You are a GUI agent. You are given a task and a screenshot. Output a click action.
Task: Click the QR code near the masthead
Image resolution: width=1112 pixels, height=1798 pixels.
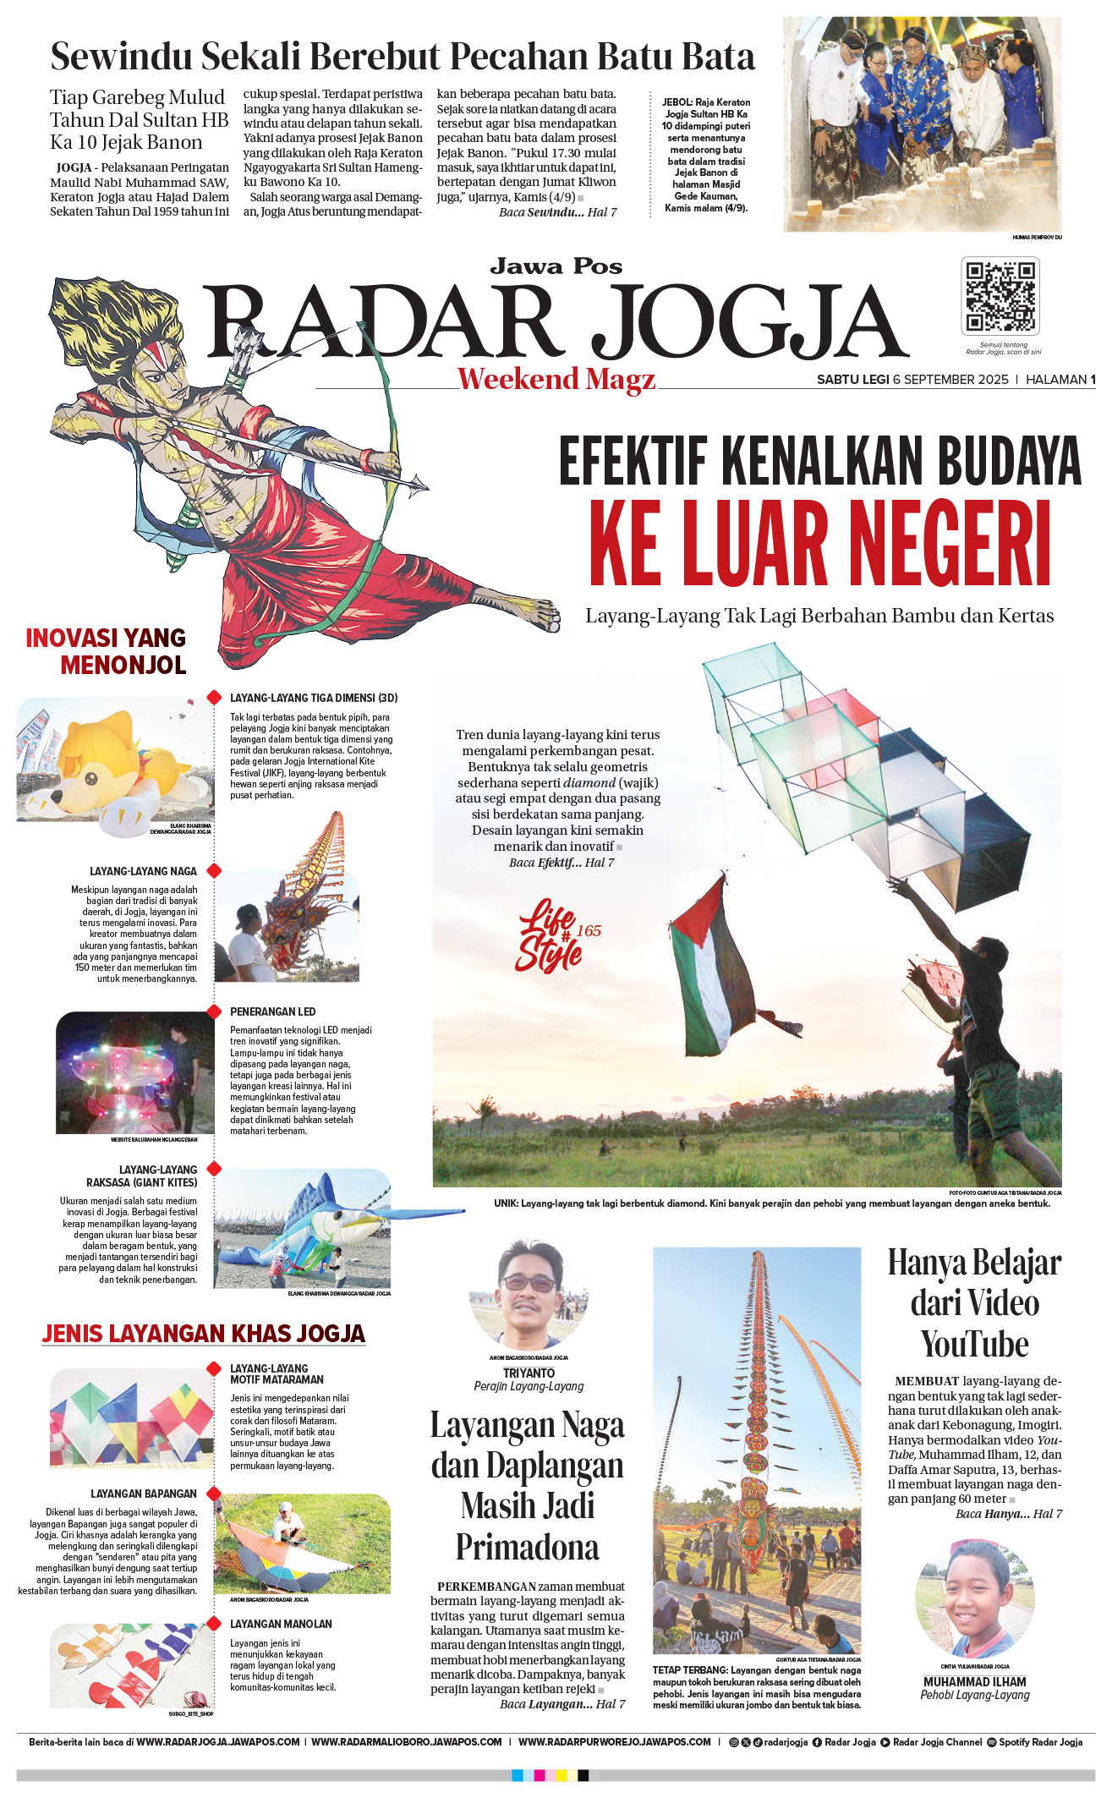pos(1000,296)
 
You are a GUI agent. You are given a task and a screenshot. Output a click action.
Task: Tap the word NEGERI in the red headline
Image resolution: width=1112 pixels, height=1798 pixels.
pos(950,544)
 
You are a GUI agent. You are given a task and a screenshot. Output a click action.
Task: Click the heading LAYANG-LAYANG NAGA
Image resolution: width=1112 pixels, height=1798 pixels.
pos(143,871)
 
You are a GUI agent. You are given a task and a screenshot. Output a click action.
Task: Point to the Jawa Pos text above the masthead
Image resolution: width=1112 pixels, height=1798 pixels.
pos(556,267)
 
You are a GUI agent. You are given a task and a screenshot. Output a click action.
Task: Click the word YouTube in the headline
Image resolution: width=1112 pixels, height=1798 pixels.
pos(974,1344)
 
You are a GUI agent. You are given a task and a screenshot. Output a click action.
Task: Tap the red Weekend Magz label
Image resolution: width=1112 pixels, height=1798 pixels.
pos(556,379)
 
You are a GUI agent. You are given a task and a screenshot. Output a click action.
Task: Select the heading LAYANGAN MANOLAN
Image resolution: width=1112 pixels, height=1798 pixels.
pos(281,1624)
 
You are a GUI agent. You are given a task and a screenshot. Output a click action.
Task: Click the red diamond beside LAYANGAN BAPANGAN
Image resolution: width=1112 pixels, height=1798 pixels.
pos(214,1494)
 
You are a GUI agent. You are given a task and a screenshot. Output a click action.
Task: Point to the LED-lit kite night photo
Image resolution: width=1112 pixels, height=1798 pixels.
pos(135,1072)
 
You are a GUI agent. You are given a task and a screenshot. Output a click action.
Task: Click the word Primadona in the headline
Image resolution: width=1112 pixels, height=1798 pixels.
pos(527,1547)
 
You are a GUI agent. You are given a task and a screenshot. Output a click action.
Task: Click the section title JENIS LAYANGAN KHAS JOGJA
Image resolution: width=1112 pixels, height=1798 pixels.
pos(203,1334)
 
